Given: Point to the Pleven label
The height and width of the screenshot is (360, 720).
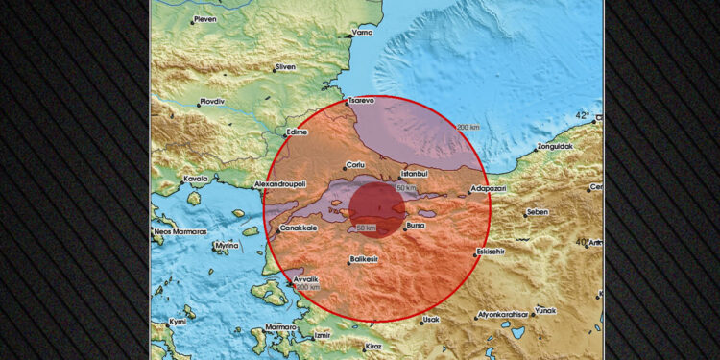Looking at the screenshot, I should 205,18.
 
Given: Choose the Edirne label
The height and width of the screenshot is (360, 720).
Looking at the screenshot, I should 298,132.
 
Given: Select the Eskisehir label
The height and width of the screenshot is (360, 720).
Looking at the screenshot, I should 494,253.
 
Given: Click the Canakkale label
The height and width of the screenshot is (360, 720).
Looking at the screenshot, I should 299,228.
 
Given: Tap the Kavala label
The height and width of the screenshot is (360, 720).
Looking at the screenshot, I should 197,178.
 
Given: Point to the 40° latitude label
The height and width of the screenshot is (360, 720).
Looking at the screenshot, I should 584,242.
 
